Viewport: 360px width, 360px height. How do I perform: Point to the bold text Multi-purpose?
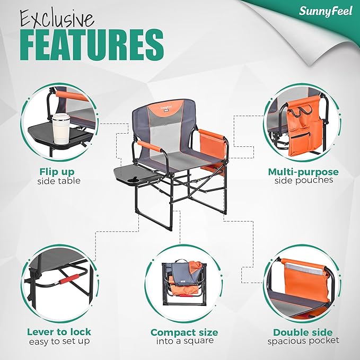click(303, 172)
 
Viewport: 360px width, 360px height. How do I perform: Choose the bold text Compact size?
click(184, 332)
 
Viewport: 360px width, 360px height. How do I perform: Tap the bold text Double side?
click(303, 332)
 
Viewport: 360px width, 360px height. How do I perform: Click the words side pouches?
click(303, 180)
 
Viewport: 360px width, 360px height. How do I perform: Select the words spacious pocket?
click(303, 340)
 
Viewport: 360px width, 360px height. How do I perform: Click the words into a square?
click(184, 341)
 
